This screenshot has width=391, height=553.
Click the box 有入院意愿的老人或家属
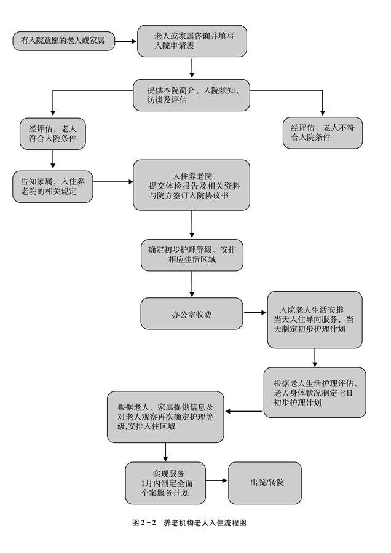pos(63,41)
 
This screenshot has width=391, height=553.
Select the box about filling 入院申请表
pos(192,41)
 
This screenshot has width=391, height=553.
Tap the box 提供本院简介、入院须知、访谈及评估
pos(192,95)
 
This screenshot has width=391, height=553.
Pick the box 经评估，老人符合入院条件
pos(53,134)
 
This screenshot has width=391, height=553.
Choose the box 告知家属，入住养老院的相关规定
pos(53,186)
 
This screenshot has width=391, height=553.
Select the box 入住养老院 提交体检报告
pos(192,186)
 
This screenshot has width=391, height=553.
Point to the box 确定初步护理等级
pos(192,254)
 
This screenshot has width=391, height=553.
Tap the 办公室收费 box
pos(192,314)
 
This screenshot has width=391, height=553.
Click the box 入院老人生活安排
pos(314,319)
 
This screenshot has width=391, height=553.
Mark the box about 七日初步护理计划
pos(314,392)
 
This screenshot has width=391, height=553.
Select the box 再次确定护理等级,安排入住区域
pos(165,417)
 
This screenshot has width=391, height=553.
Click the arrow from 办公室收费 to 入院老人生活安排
pos(255,314)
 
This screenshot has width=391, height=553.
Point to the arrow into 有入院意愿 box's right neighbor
pos(125,41)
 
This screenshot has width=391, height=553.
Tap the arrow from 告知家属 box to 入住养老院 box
pos(113,182)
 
